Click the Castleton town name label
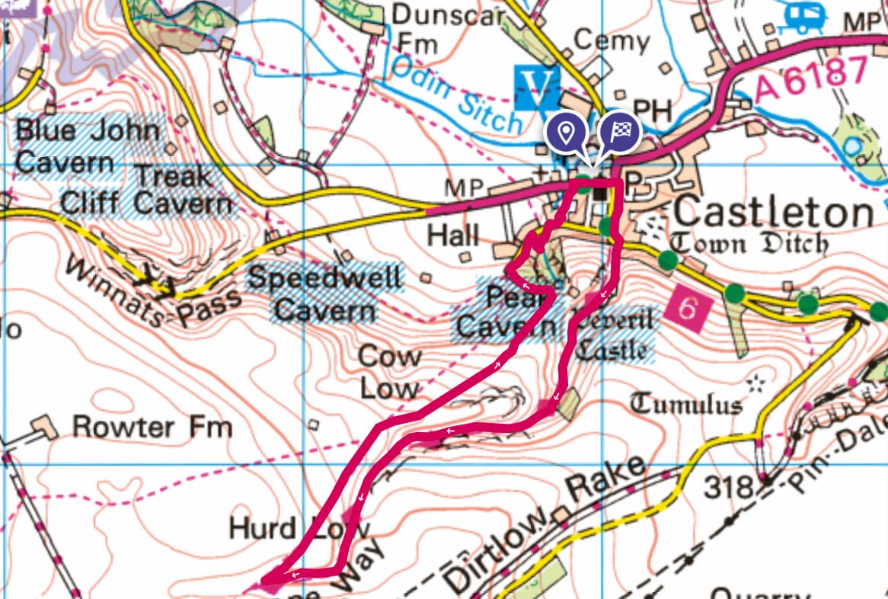(774, 213)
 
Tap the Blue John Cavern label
(88, 146)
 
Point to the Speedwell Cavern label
(324, 294)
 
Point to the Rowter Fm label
(152, 427)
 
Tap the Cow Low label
(389, 372)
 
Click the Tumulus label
(685, 403)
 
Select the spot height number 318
(727, 486)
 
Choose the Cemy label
(612, 39)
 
